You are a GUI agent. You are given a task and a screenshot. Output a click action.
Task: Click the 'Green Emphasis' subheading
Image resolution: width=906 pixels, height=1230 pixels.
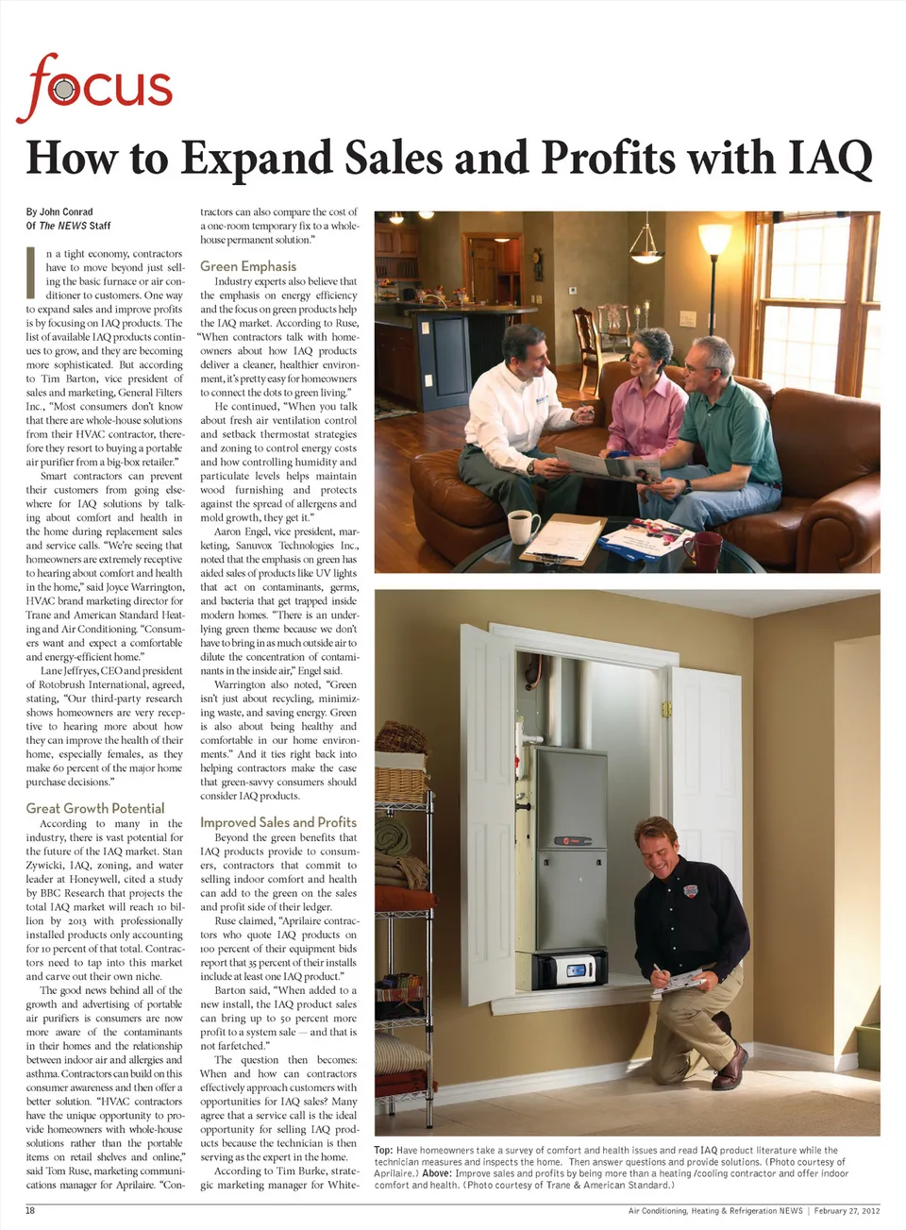[x=248, y=266]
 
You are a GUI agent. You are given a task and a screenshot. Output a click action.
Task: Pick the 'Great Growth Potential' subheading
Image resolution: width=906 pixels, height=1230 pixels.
[x=95, y=808]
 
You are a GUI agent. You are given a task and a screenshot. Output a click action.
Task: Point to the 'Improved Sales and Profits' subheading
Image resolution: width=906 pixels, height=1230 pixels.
[x=278, y=822]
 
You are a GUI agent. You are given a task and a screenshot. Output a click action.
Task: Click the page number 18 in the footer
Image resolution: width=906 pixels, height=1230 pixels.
[x=30, y=1210]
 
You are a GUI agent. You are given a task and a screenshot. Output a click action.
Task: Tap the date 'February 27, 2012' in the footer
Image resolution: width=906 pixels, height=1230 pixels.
[x=847, y=1210]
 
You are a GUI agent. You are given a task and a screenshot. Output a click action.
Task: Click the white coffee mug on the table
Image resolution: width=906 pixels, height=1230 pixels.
[x=522, y=526]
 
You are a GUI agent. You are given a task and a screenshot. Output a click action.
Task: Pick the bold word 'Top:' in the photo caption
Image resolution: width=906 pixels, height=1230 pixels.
[x=383, y=1150]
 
